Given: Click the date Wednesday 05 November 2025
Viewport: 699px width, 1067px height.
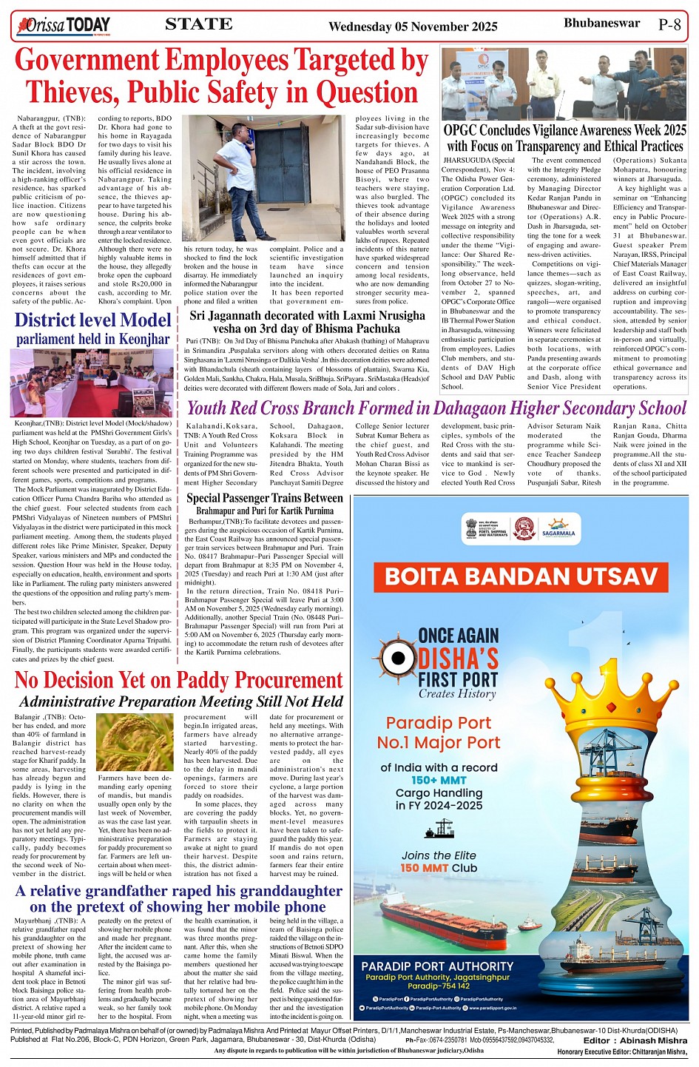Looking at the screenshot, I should pyautogui.click(x=413, y=27).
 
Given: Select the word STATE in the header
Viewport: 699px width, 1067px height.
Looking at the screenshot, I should pyautogui.click(x=199, y=24).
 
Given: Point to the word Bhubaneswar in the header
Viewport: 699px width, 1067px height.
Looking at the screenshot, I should pyautogui.click(x=601, y=23).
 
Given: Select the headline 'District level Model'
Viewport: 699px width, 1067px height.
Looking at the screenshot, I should pyautogui.click(x=92, y=320).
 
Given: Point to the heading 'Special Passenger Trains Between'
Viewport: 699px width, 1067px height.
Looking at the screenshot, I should pyautogui.click(x=264, y=498).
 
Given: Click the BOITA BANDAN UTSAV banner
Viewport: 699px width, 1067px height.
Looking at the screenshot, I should pyautogui.click(x=521, y=576).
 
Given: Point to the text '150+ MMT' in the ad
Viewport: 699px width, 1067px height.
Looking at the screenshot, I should pyautogui.click(x=438, y=780).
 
